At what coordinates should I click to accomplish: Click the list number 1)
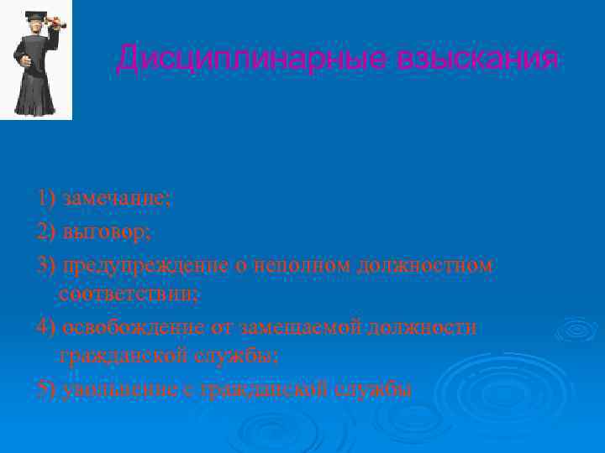pos(47,198)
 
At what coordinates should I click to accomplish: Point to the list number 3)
pos(47,265)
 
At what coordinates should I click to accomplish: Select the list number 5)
pos(47,388)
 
